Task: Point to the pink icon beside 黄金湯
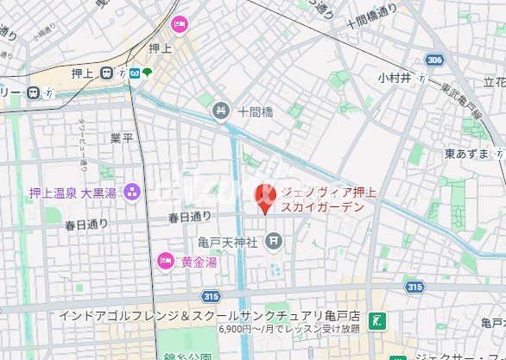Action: [x=163, y=260]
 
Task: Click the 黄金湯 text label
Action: [x=197, y=261]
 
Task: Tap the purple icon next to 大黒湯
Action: [x=132, y=192]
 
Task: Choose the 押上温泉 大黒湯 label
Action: [x=73, y=193]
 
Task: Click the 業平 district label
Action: [x=122, y=138]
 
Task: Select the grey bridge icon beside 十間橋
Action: [x=223, y=110]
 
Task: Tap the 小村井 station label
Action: [x=395, y=78]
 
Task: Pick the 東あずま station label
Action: [x=466, y=154]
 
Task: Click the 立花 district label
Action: [x=494, y=81]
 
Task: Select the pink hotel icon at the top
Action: [x=179, y=23]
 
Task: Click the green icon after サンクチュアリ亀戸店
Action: [x=375, y=321]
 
